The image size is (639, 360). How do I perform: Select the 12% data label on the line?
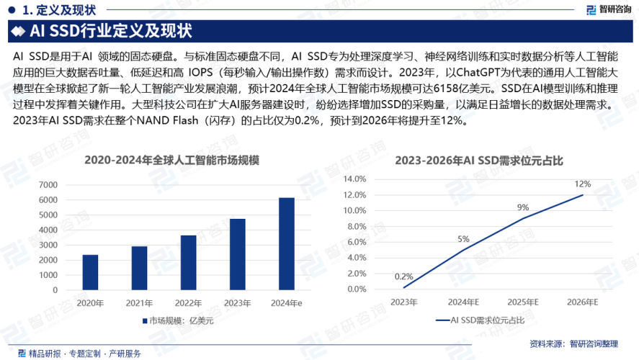[582, 184]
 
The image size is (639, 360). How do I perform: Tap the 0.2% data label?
[403, 276]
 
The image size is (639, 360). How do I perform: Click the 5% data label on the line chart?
[463, 239]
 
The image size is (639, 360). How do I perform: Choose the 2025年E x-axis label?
[523, 302]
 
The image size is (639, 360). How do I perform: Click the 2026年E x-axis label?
[582, 302]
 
